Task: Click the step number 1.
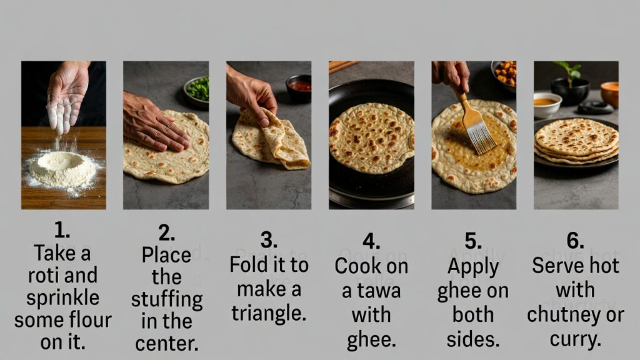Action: [x=62, y=231]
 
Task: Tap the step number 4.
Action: [x=371, y=241]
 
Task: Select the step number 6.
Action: [x=575, y=241]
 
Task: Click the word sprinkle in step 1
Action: [x=63, y=298]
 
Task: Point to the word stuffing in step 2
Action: [x=167, y=300]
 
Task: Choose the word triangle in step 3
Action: [x=269, y=314]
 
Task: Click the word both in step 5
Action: [x=473, y=315]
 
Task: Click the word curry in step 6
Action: [x=576, y=339]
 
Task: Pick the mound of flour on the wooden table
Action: [x=62, y=168]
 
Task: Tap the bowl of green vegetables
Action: [x=197, y=91]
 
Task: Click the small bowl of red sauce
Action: [x=299, y=87]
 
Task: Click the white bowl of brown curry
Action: [x=547, y=104]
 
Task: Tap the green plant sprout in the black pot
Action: [x=569, y=71]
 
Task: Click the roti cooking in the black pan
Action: [x=371, y=138]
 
